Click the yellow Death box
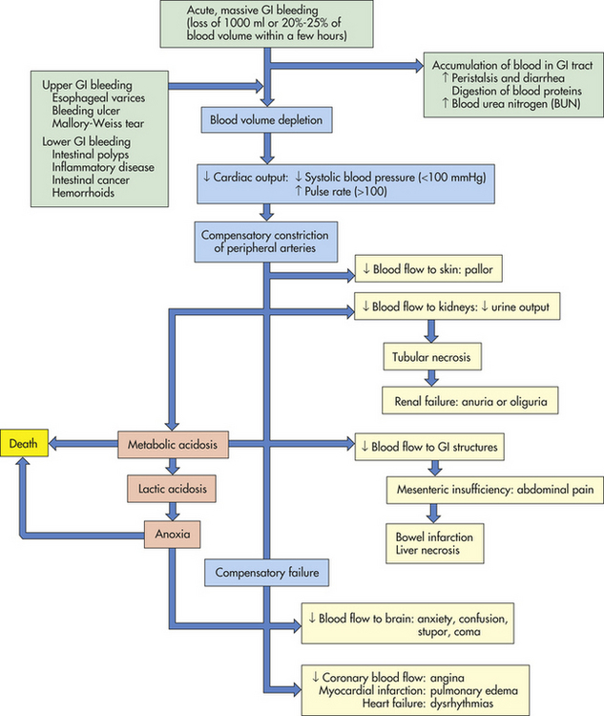click(x=24, y=443)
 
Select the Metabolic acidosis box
click(x=173, y=444)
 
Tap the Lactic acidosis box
click(x=172, y=489)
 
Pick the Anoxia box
click(x=172, y=534)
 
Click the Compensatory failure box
click(x=266, y=572)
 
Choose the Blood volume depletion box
click(x=266, y=119)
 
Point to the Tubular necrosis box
click(x=432, y=357)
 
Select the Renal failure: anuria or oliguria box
click(x=470, y=401)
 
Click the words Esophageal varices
click(x=98, y=97)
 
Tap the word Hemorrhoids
click(x=83, y=192)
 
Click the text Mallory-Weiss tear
click(x=97, y=123)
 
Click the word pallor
click(x=478, y=269)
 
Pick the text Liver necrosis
click(x=427, y=550)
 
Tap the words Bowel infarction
click(x=434, y=537)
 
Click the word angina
click(x=447, y=678)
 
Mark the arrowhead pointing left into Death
click(x=53, y=443)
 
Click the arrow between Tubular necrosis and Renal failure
click(x=431, y=378)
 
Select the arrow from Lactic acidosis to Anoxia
click(x=172, y=512)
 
